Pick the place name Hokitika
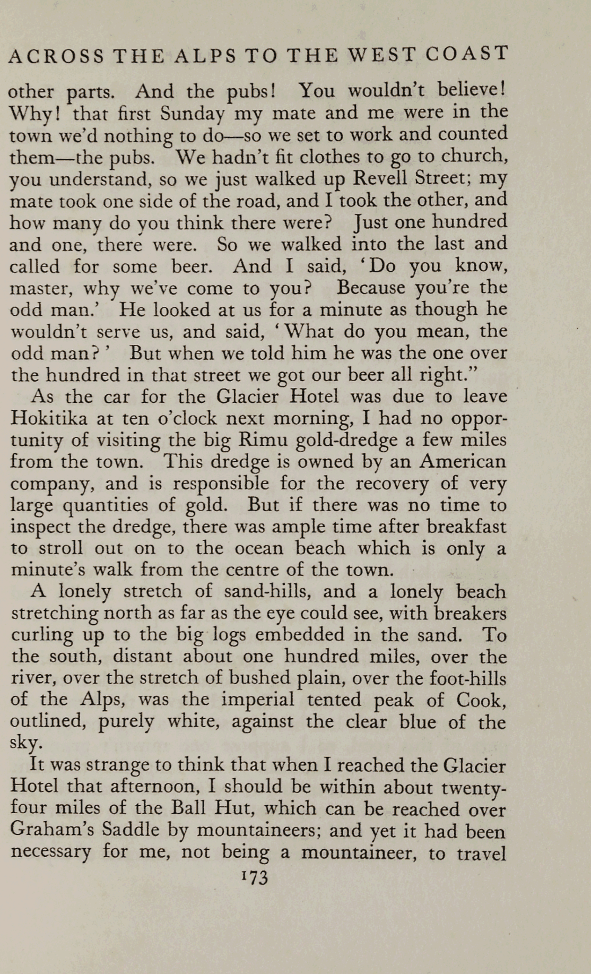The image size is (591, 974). click(49, 418)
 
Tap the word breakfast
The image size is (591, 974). click(467, 527)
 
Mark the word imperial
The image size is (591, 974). click(257, 700)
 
